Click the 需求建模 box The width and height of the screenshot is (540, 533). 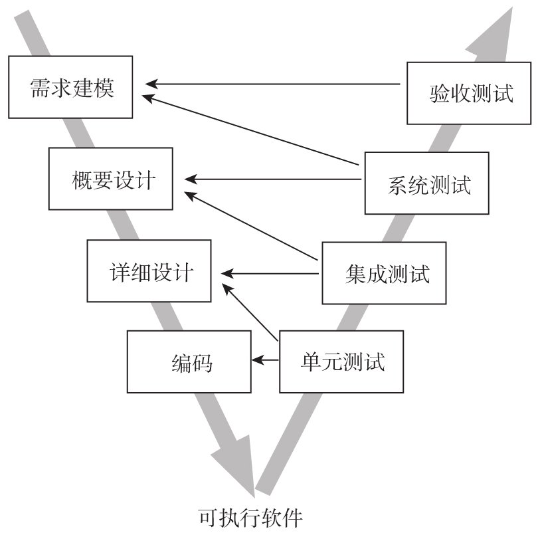(71, 87)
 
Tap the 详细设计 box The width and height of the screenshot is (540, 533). (149, 271)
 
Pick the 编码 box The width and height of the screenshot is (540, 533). (189, 362)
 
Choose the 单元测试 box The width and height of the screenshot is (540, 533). (341, 362)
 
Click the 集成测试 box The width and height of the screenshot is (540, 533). (385, 272)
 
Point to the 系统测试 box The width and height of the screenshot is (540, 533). (426, 183)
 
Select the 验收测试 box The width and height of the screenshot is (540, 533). (469, 92)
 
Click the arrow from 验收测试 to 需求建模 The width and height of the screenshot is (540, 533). (272, 84)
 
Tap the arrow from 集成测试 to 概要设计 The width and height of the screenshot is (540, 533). (252, 226)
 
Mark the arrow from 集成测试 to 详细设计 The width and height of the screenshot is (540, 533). (272, 272)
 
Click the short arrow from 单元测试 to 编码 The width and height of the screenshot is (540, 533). (265, 360)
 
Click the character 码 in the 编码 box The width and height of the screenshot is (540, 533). (201, 363)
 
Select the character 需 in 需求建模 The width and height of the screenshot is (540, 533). (39, 88)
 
